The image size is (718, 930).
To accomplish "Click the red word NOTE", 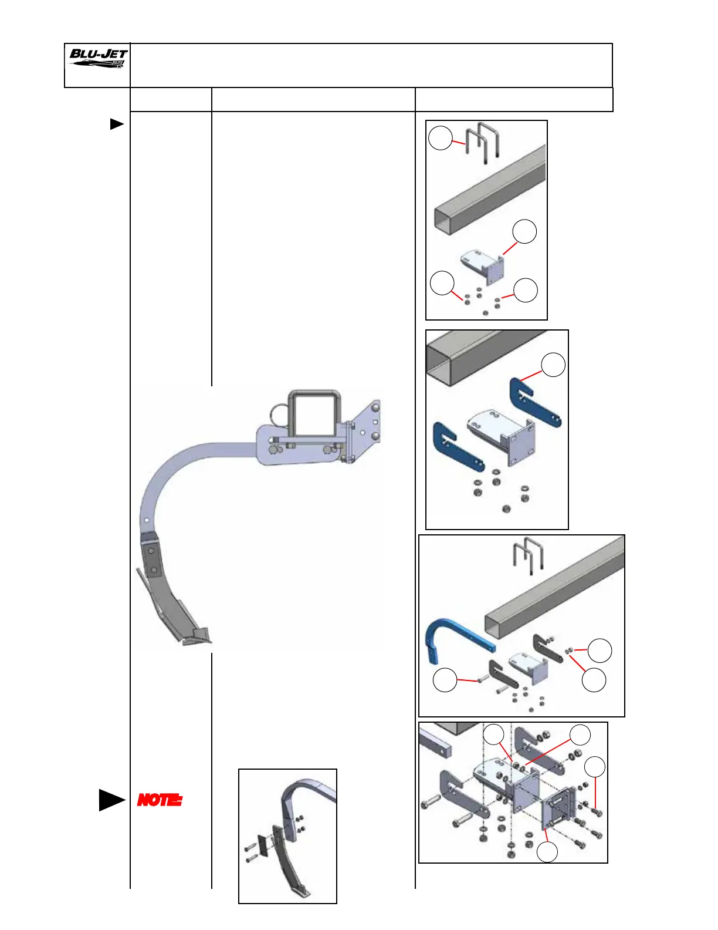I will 160,800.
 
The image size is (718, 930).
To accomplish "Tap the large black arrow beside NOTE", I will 111,800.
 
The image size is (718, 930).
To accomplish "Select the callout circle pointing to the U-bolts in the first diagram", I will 441,139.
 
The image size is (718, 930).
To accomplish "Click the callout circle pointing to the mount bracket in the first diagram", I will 524,231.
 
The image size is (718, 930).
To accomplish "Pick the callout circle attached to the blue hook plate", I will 553,365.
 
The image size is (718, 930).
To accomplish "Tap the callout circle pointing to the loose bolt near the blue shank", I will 445,680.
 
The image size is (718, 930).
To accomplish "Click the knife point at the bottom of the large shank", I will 197,637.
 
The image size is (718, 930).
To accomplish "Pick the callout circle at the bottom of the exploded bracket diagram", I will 547,851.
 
